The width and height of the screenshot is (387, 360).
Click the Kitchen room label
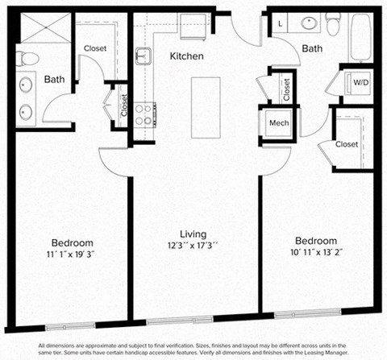pyautogui.click(x=185, y=56)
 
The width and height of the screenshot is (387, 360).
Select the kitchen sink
pyautogui.click(x=144, y=56)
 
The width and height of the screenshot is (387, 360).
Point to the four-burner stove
pyautogui.click(x=144, y=114)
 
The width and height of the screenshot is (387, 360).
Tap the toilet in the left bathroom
pyautogui.click(x=27, y=58)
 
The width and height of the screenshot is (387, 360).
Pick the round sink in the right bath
pyautogui.click(x=309, y=23)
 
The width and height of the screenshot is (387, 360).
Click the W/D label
pyautogui.click(x=359, y=82)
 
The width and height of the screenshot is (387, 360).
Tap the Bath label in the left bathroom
pyautogui.click(x=55, y=79)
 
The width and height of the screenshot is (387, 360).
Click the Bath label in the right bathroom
pyautogui.click(x=313, y=48)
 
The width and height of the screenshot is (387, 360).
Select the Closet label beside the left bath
pyautogui.click(x=95, y=48)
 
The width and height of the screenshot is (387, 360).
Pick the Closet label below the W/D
pyautogui.click(x=346, y=144)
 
